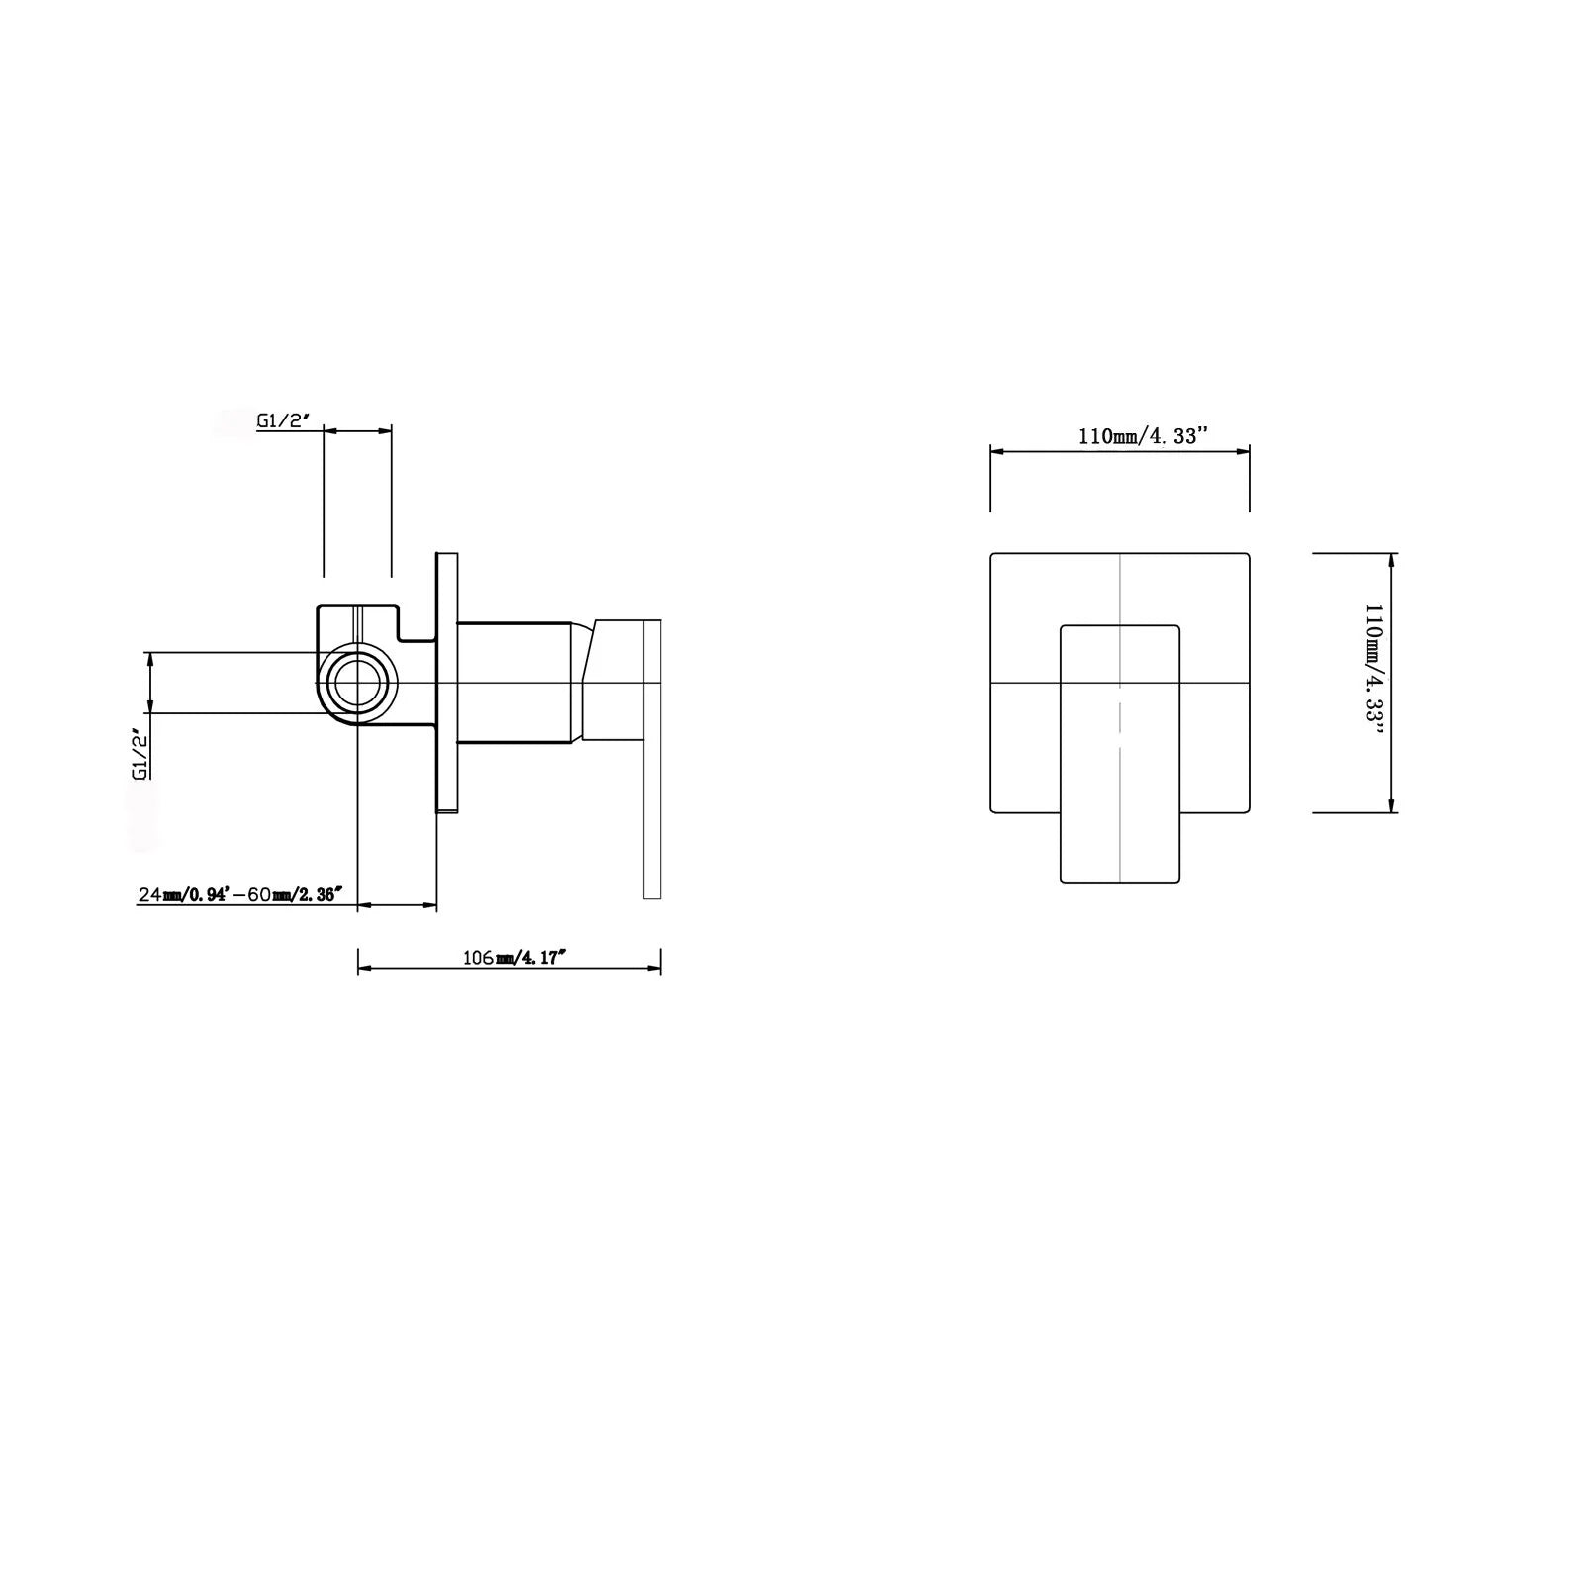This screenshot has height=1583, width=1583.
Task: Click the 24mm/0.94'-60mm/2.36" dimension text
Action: (x=240, y=894)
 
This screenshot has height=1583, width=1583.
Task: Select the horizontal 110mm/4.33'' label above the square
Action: (x=1144, y=436)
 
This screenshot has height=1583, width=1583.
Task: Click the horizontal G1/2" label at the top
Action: (x=284, y=421)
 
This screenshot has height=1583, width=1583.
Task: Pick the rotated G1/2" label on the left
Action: (x=140, y=754)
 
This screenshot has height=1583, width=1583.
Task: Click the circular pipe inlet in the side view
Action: (x=357, y=683)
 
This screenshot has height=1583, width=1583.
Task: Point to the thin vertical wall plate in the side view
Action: (x=447, y=683)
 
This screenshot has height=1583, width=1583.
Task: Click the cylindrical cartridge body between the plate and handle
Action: (x=514, y=683)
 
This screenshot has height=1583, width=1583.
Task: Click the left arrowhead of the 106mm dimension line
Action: (x=363, y=969)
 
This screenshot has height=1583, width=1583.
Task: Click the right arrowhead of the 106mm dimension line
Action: (x=655, y=969)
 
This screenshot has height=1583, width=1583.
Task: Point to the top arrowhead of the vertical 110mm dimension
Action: (x=1392, y=560)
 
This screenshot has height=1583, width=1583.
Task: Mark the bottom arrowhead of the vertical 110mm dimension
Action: (x=1392, y=806)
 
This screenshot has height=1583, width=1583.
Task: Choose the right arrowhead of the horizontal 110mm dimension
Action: (x=1244, y=452)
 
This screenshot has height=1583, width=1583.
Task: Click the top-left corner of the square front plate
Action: (x=992, y=555)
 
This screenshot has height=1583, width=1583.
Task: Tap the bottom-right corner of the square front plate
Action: (x=1248, y=811)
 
